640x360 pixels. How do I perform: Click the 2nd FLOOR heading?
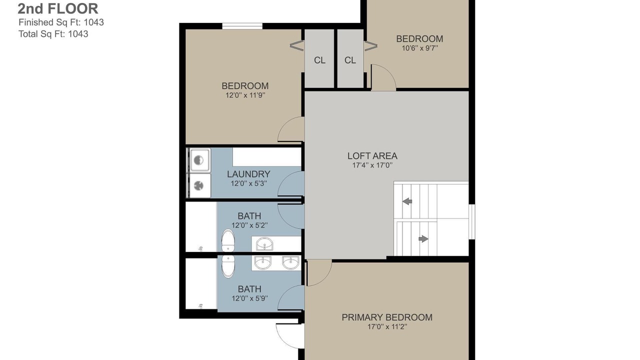[x=57, y=8]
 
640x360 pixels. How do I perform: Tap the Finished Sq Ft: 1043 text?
[x=61, y=22]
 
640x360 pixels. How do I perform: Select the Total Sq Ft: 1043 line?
[x=53, y=34]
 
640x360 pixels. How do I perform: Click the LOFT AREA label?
[x=372, y=156]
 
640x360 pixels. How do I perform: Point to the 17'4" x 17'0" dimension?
[x=372, y=165]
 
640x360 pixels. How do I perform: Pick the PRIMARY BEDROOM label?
[x=387, y=317]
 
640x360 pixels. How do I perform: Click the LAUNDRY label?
[x=248, y=174]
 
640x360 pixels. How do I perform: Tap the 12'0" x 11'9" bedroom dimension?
[x=245, y=95]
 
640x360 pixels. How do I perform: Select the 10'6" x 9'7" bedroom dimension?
[x=419, y=48]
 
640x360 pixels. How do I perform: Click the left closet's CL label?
[x=319, y=60]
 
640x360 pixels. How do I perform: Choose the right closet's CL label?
[x=350, y=60]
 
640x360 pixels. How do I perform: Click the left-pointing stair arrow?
[x=407, y=201]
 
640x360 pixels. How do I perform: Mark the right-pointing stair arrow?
[x=423, y=238]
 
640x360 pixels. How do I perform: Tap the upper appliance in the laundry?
[x=199, y=160]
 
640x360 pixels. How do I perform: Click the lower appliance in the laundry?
[x=199, y=185]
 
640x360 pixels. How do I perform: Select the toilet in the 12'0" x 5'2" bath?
[x=228, y=240]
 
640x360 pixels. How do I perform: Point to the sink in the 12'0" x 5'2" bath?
[x=264, y=243]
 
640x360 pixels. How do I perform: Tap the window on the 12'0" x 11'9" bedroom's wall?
[x=242, y=26]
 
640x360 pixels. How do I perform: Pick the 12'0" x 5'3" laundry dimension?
[x=249, y=183]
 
